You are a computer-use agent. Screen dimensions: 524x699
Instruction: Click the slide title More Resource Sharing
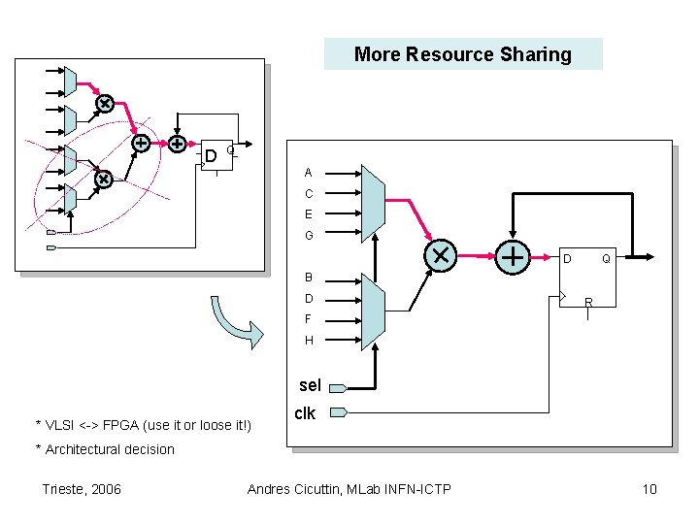463,54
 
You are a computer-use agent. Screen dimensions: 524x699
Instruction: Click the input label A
308,173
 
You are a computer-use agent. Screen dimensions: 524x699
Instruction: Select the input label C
308,194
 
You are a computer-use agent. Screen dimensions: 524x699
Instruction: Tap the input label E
308,214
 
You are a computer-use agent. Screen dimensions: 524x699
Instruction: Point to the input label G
308,236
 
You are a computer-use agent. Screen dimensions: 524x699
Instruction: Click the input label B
308,277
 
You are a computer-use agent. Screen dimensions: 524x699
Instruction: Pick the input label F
308,318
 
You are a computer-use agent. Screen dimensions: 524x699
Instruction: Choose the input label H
308,341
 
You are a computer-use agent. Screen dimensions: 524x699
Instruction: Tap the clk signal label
305,413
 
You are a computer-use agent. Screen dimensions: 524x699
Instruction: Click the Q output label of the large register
605,259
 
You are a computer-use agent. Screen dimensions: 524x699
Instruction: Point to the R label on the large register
588,303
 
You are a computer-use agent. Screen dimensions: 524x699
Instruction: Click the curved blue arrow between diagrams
230,318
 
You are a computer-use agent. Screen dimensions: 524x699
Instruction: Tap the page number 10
649,488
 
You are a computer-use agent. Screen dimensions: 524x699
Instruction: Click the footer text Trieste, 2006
83,488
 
